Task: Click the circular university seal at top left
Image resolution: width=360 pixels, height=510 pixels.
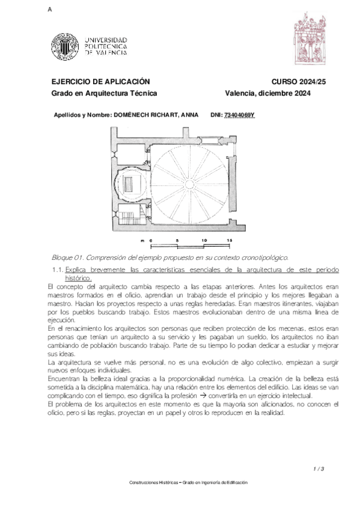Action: pos(63,45)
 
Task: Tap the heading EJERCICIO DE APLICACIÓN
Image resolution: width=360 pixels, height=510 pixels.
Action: pos(100,81)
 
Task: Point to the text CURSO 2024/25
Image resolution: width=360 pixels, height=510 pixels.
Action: pos(293,81)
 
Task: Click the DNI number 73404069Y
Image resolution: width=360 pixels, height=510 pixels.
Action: pos(240,114)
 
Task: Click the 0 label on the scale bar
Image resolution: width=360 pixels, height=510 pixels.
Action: pos(151,241)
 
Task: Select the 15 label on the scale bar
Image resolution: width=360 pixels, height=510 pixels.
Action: pos(230,241)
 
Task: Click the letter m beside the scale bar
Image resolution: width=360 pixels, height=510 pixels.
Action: pos(142,241)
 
